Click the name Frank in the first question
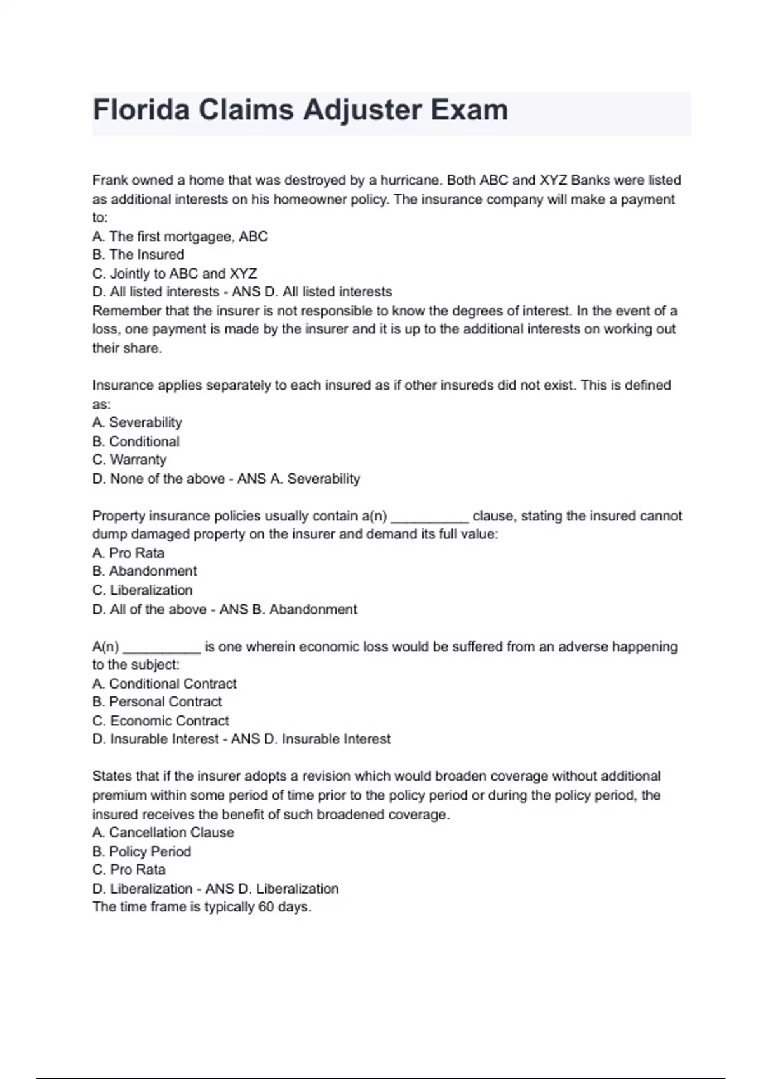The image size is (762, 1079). coord(110,180)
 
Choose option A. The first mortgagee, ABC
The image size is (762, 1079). coord(180,237)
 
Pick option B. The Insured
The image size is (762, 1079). coord(138,255)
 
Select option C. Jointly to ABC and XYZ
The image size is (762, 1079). coord(175,274)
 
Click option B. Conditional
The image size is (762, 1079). coord(135,441)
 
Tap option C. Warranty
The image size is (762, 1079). coord(129,460)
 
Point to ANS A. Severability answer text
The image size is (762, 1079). coord(298,479)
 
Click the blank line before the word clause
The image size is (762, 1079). coord(430,517)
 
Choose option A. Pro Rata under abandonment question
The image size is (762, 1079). coord(128,553)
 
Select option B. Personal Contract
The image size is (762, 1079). coord(157,702)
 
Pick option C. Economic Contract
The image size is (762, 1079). coord(160,721)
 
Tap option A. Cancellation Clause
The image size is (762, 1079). coord(163,832)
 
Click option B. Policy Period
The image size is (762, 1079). coord(141,851)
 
